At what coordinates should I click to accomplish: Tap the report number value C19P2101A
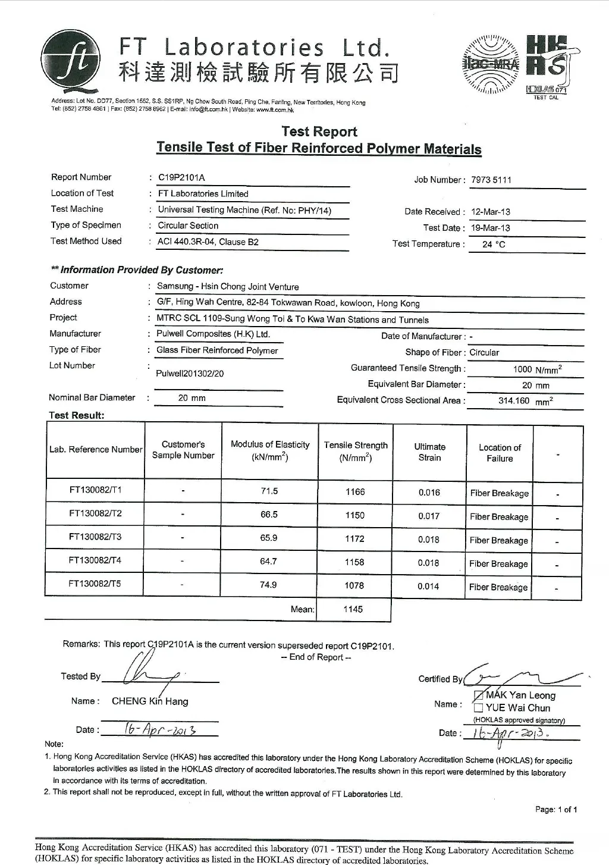(x=181, y=177)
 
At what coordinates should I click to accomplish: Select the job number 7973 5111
(x=491, y=180)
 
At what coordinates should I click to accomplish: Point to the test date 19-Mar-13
(x=490, y=228)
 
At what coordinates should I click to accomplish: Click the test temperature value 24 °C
(x=494, y=244)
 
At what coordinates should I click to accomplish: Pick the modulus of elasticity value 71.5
(x=269, y=491)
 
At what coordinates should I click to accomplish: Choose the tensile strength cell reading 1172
(x=354, y=538)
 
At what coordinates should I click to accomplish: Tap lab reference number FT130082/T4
(x=95, y=560)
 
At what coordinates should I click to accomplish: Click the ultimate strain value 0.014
(x=428, y=586)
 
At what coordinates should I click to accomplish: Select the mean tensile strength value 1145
(x=353, y=609)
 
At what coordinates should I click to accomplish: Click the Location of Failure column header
(x=500, y=453)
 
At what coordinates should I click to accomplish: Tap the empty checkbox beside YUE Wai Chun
(x=478, y=708)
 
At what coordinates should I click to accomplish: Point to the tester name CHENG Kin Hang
(x=150, y=701)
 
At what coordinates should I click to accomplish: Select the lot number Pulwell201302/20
(x=190, y=374)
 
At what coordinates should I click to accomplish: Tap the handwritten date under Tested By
(x=161, y=729)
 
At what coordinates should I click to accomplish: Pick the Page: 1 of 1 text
(x=556, y=810)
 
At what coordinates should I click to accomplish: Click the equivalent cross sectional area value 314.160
(x=514, y=401)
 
